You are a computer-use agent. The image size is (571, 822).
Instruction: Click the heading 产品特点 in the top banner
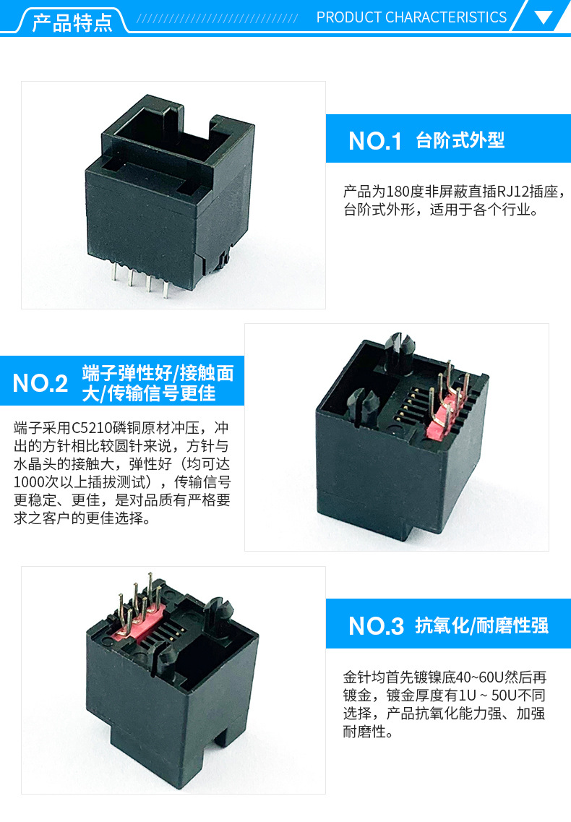pos(72,22)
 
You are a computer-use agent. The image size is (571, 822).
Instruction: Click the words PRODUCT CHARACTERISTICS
pos(411,17)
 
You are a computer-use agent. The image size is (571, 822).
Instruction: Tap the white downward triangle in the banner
pos(544,17)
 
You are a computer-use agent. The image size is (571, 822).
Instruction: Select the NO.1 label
pos(375,141)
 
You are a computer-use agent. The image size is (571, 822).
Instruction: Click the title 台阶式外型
pos(460,140)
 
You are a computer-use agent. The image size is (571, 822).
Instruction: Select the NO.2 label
pos(40,383)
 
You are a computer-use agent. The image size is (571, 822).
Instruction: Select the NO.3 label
pos(376,626)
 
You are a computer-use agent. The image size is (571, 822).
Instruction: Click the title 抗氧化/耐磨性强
pos(481,625)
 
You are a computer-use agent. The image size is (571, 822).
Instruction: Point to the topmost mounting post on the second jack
pos(400,349)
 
